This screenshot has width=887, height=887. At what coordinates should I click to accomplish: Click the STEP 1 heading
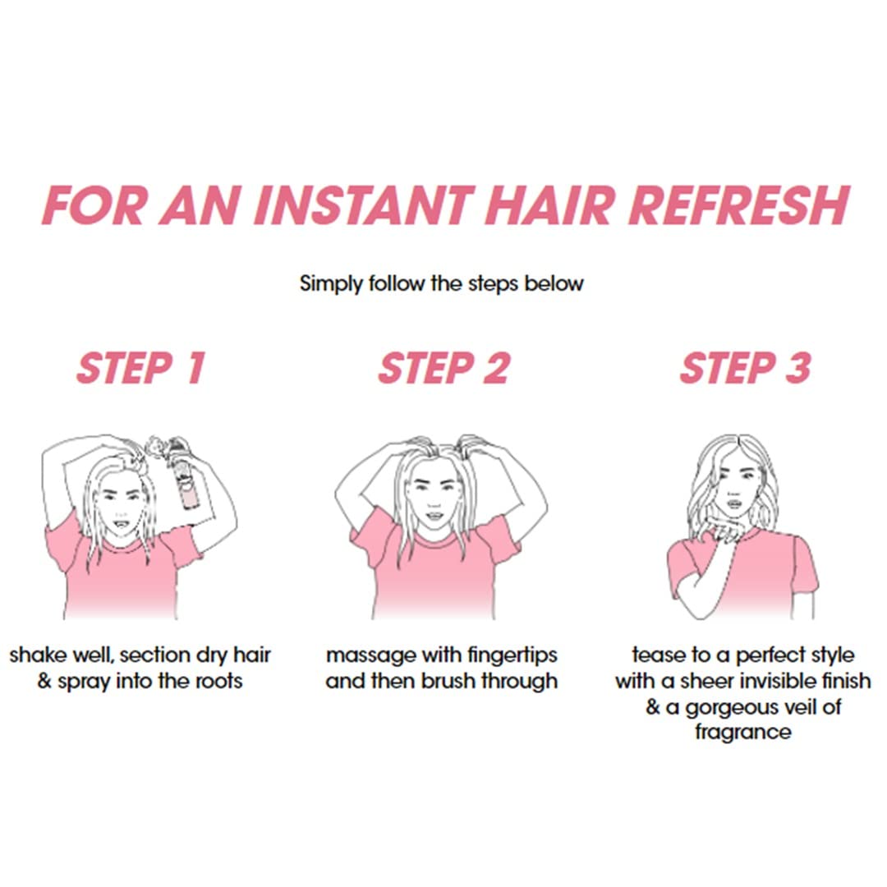140,368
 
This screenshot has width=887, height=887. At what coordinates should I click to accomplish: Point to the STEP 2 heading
444,368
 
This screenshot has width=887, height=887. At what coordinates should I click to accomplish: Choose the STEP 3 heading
746,368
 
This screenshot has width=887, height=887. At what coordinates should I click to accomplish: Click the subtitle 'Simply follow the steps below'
441,283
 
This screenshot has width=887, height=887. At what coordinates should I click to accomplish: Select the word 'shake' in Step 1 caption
38,655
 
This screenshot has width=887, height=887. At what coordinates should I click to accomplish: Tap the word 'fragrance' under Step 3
742,732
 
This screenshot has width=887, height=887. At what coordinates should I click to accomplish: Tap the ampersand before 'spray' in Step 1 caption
44,681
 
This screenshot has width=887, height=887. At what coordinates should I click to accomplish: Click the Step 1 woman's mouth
121,525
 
